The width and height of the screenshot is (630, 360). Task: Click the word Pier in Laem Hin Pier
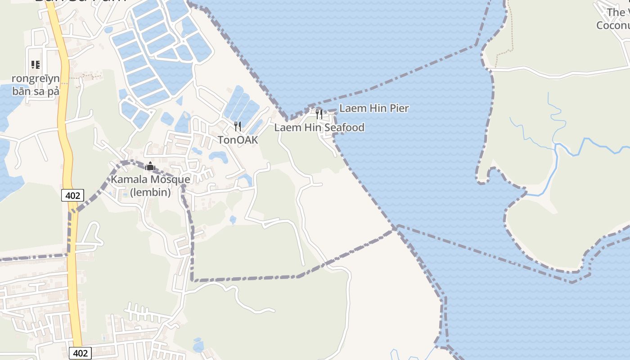click(x=399, y=108)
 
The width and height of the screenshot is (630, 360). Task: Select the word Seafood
click(x=344, y=128)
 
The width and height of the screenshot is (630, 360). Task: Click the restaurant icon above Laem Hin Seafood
click(x=319, y=114)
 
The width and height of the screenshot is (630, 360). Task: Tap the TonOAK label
click(x=238, y=140)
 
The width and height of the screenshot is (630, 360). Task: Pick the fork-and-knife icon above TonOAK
click(x=238, y=126)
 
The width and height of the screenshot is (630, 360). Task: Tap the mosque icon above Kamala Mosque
click(x=150, y=166)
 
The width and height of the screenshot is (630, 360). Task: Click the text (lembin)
click(x=150, y=193)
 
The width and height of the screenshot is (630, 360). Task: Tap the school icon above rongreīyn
click(x=36, y=65)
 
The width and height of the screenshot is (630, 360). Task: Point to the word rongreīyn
click(x=36, y=79)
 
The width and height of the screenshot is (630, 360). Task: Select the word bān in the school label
click(x=21, y=91)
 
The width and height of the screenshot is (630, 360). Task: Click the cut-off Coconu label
click(x=612, y=25)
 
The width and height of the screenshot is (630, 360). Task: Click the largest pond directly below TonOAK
click(x=219, y=157)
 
